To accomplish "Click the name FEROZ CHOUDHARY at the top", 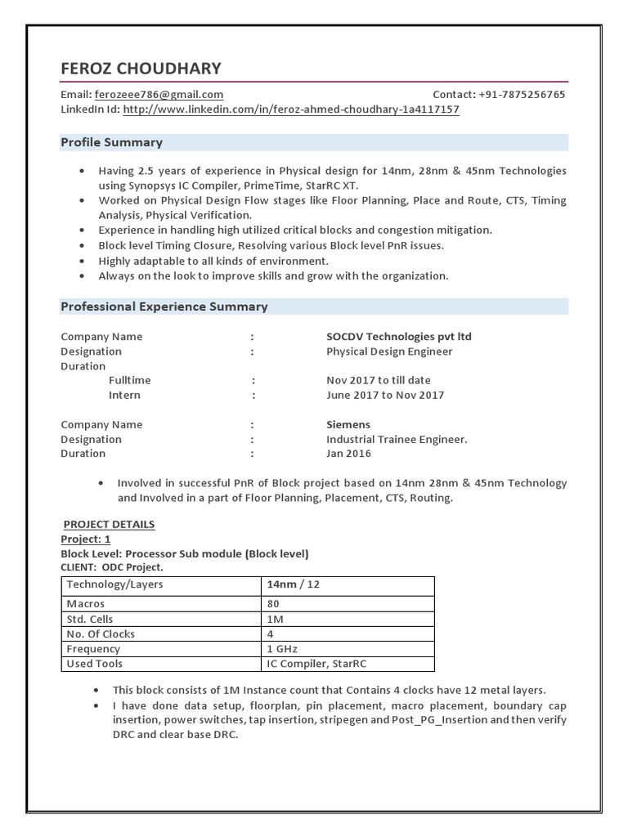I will (x=141, y=68).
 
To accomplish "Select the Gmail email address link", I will (x=159, y=95).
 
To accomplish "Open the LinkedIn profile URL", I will (x=290, y=110).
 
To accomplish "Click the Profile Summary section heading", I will (x=112, y=142).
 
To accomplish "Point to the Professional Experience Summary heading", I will (x=164, y=307).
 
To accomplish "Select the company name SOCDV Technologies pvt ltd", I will (x=398, y=337).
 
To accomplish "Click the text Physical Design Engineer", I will (x=388, y=351).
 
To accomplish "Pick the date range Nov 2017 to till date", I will (x=378, y=381).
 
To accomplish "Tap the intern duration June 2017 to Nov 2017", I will (x=385, y=396).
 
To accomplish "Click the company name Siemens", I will (x=348, y=425).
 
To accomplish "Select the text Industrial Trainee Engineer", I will (x=397, y=440).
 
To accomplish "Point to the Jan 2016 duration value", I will (x=348, y=454).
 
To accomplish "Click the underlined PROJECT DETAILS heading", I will (x=109, y=525).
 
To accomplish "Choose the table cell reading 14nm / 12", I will (x=293, y=585).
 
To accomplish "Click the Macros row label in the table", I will (x=86, y=604).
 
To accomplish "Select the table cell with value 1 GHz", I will (x=283, y=649).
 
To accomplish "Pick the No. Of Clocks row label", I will (x=101, y=634).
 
